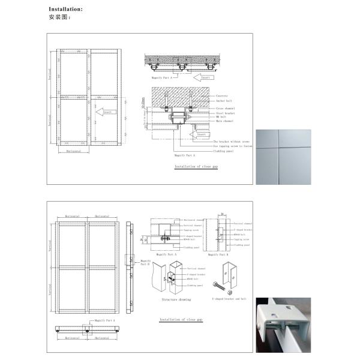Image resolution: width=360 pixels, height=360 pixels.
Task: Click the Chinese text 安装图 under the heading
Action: (60, 17)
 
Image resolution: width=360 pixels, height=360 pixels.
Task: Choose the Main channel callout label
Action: (223, 121)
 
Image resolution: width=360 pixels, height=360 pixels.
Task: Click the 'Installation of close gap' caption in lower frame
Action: (181, 320)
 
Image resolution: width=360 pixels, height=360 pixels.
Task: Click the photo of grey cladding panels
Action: (283, 156)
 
